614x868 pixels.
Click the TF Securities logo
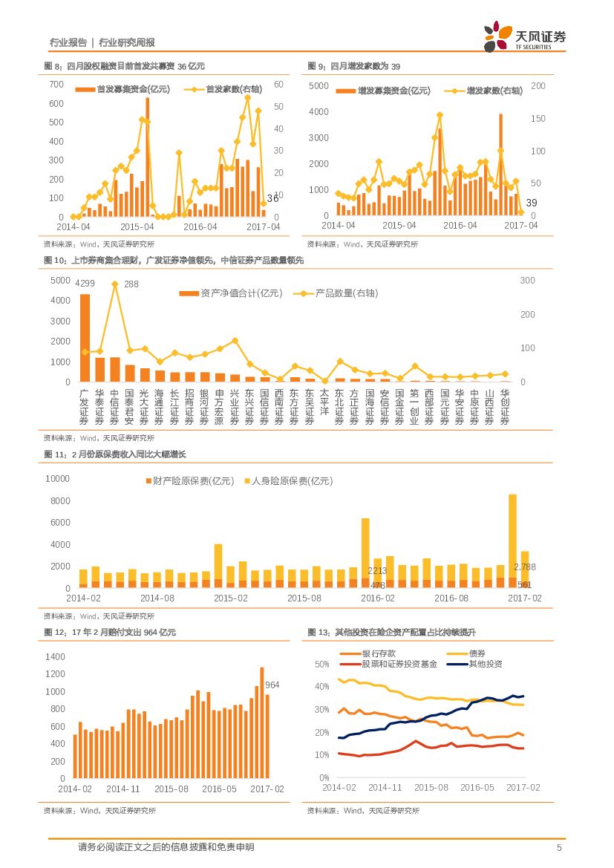point(524,36)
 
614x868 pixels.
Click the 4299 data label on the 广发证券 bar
point(85,283)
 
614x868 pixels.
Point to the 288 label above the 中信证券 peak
point(131,284)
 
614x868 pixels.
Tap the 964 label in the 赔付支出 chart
point(272,685)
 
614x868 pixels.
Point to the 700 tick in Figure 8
point(56,84)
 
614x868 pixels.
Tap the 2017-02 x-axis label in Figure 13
point(523,787)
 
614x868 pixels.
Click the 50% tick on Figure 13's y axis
point(322,664)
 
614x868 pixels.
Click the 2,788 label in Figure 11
point(524,567)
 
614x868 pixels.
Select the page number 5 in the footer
point(559,848)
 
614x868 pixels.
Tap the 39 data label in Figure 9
point(531,203)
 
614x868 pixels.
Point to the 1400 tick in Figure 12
point(56,657)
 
